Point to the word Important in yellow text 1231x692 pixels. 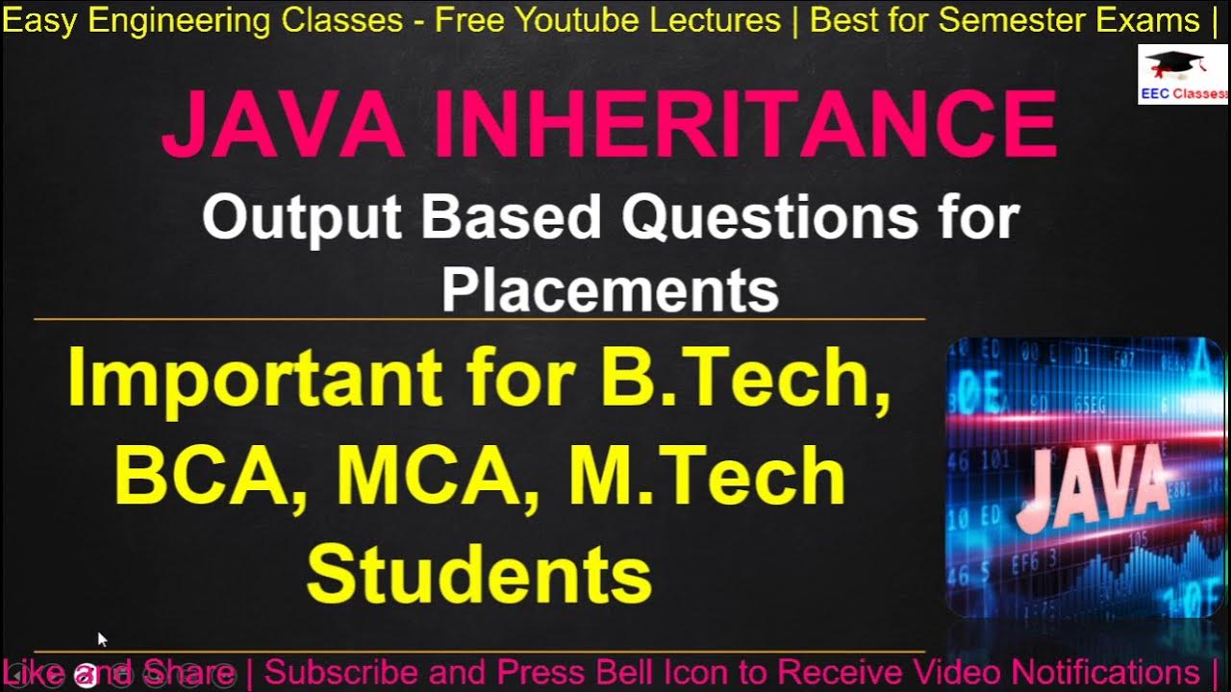(x=254, y=379)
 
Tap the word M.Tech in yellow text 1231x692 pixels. (x=708, y=477)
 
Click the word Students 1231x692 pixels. (x=479, y=574)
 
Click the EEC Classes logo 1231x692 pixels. (x=1183, y=74)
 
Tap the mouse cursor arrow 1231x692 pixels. (x=102, y=638)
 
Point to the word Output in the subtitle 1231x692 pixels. (x=305, y=218)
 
